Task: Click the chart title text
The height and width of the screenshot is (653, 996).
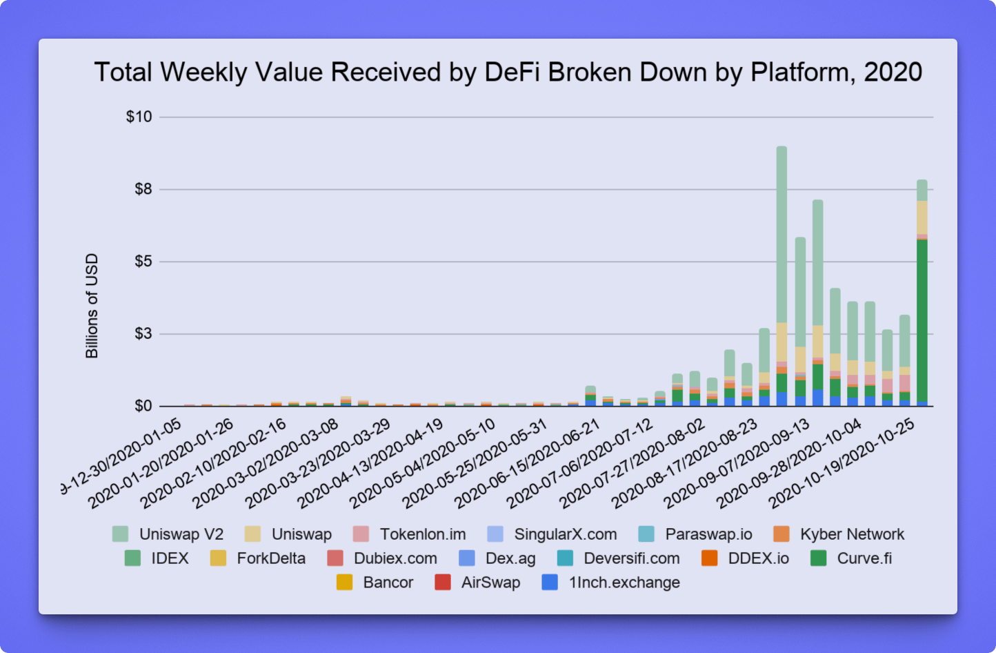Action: pyautogui.click(x=508, y=72)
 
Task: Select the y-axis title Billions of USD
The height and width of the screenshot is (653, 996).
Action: pyautogui.click(x=92, y=306)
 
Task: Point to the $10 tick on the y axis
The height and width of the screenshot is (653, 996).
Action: pyautogui.click(x=139, y=117)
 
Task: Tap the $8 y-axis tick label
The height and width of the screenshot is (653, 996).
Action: pyautogui.click(x=143, y=189)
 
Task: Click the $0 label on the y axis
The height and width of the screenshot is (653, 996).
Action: pyautogui.click(x=143, y=406)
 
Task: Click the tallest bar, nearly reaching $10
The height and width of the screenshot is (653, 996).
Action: pyautogui.click(x=781, y=235)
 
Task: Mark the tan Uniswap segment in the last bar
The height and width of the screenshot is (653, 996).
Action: pyautogui.click(x=922, y=217)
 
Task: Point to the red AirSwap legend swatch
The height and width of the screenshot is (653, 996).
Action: pyautogui.click(x=443, y=583)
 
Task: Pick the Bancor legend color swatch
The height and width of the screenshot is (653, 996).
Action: pyautogui.click(x=344, y=583)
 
